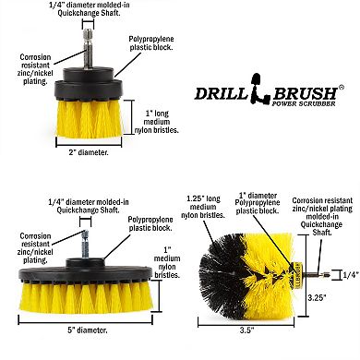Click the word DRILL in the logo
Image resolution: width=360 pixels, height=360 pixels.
pos(221,93)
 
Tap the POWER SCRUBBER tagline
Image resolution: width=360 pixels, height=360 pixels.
pos(304,103)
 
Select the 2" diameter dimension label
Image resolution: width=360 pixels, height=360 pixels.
pos(89,152)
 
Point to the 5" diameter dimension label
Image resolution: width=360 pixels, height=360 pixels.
pos(88,330)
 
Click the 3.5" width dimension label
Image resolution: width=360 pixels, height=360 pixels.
pos(246,330)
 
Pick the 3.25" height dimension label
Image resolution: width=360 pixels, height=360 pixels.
pos(318,297)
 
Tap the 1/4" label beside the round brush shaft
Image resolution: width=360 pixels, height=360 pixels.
pos(351,275)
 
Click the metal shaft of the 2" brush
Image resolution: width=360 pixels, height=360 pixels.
pos(88,49)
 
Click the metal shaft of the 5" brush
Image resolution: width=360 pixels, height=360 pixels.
pos(85,245)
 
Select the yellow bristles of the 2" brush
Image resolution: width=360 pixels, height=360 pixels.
pos(90,118)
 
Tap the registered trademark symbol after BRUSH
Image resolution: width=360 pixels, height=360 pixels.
pos(341,87)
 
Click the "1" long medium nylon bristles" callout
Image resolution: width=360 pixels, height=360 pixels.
pos(157,122)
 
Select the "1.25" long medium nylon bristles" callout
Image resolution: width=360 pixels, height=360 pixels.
pos(203,207)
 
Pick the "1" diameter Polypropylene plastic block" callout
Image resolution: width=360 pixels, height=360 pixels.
pos(258,203)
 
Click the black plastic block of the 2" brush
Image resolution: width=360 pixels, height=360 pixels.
pos(89,84)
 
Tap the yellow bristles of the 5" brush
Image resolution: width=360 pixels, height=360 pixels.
pos(85,296)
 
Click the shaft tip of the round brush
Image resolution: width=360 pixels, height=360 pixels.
pos(329,275)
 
